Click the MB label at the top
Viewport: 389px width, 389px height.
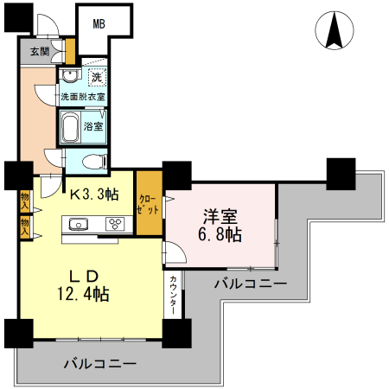point(99,24)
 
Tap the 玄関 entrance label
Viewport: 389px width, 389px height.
point(40,52)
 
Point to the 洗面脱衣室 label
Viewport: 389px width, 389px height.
point(82,97)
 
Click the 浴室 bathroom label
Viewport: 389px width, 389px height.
point(94,127)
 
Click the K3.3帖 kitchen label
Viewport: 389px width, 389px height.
point(93,194)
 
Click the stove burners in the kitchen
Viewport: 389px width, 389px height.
point(115,225)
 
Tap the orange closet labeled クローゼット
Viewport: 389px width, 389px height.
point(148,205)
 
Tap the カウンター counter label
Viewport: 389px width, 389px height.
point(174,297)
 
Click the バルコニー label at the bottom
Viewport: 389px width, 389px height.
point(99,365)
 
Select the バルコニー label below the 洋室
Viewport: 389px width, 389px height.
point(251,283)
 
